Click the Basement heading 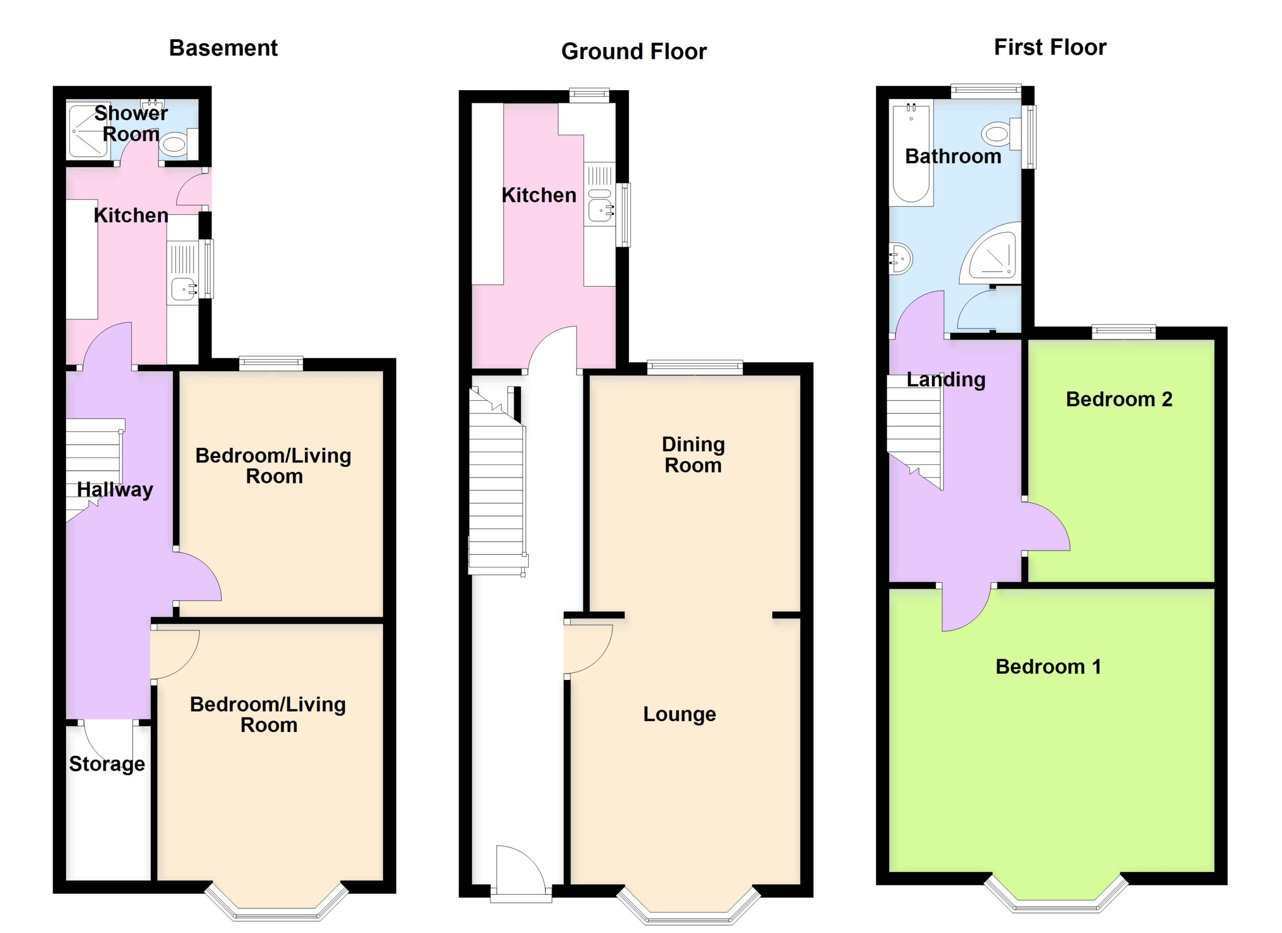coord(223,48)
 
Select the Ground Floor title coord(633,52)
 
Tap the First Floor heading coord(1050,48)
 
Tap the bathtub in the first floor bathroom coord(910,153)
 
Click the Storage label coord(107,764)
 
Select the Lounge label coord(680,714)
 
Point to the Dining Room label coord(693,454)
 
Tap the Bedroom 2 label coord(1119,399)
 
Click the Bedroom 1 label coord(1049,666)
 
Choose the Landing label coord(945,379)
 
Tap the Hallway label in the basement coord(115,490)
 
